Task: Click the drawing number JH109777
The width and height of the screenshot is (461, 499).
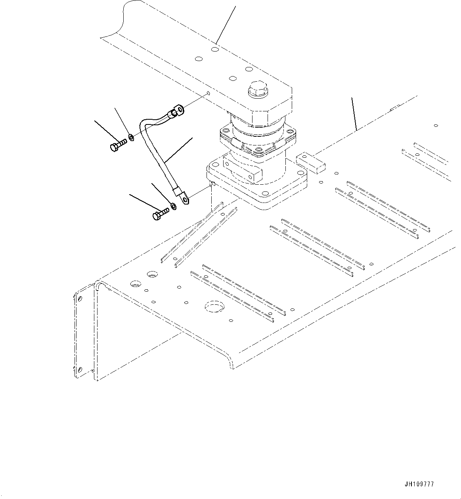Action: (x=420, y=484)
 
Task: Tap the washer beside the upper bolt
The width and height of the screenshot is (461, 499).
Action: (x=131, y=139)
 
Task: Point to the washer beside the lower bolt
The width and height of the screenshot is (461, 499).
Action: (x=174, y=206)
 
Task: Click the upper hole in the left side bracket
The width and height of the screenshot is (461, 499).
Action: (x=79, y=298)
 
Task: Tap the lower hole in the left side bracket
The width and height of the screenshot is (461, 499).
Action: (x=80, y=370)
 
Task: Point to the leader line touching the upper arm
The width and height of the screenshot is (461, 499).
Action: (x=226, y=24)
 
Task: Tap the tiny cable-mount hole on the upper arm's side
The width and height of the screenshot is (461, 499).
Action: (x=208, y=94)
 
